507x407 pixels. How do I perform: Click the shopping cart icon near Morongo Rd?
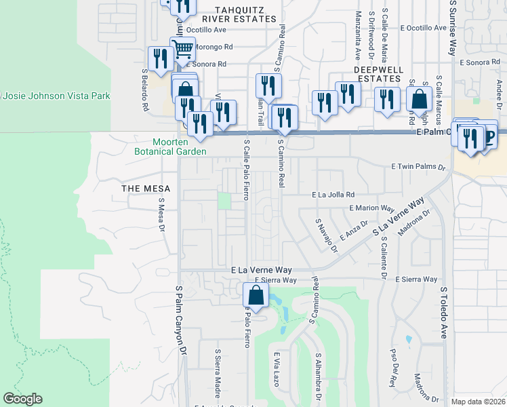[x=182, y=50]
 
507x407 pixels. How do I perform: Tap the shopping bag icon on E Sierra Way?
[x=255, y=295]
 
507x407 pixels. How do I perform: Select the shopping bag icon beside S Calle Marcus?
[x=420, y=99]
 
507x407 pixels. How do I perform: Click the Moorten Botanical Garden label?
[x=170, y=147]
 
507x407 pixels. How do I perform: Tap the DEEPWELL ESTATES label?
[x=378, y=74]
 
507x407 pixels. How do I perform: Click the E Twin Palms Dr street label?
[x=420, y=167]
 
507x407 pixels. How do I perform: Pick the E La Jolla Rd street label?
[x=333, y=195]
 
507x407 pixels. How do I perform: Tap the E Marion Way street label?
[x=371, y=209]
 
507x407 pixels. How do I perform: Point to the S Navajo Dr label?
[x=327, y=235]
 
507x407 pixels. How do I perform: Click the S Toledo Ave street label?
[x=445, y=313]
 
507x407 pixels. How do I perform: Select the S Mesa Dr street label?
[x=162, y=215]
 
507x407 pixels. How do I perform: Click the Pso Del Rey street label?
[x=392, y=368]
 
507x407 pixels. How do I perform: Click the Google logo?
[x=23, y=399]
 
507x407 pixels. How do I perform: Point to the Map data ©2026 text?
[x=479, y=402]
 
